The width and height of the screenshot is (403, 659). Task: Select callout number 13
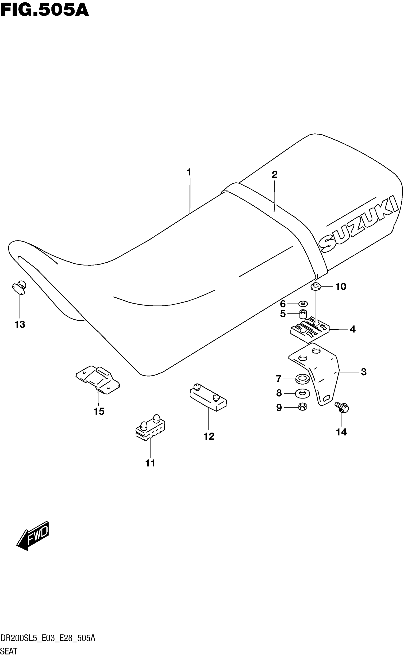coord(20,324)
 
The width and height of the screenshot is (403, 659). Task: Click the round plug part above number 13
coord(19,287)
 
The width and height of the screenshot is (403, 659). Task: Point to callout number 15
coord(99,411)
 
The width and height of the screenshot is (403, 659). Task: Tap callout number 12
coord(209,436)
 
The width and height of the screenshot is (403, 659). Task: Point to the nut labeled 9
coord(302,407)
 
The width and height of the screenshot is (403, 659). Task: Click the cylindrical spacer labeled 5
coord(303,314)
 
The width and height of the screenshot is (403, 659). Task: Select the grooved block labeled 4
coord(310,330)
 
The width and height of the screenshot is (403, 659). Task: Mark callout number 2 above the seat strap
coord(274,175)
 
